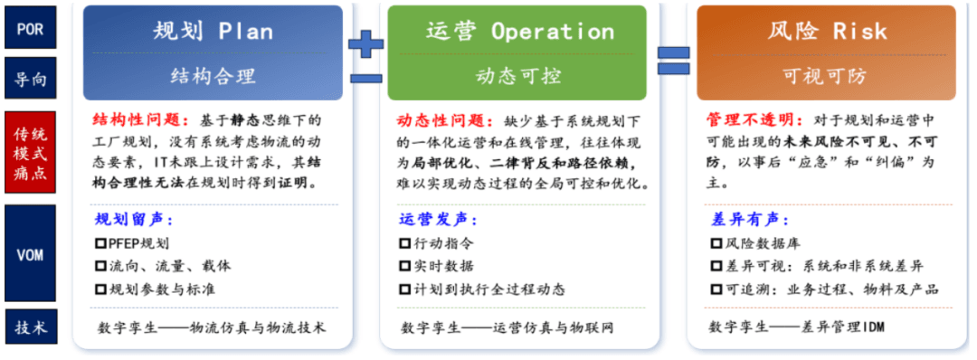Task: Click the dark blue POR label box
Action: pyautogui.click(x=31, y=27)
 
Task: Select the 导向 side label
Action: pyautogui.click(x=31, y=78)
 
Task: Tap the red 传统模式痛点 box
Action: pyautogui.click(x=31, y=153)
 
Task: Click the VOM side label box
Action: pyautogui.click(x=31, y=253)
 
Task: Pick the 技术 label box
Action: pyautogui.click(x=31, y=327)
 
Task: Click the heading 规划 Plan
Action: pyautogui.click(x=213, y=31)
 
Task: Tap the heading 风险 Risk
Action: pyautogui.click(x=828, y=31)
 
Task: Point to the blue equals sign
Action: pyautogui.click(x=674, y=61)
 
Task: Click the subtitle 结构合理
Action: pyautogui.click(x=213, y=76)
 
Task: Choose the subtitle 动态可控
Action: pyautogui.click(x=518, y=76)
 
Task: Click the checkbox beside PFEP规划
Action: pyautogui.click(x=100, y=243)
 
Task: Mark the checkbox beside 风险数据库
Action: pyautogui.click(x=716, y=243)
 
